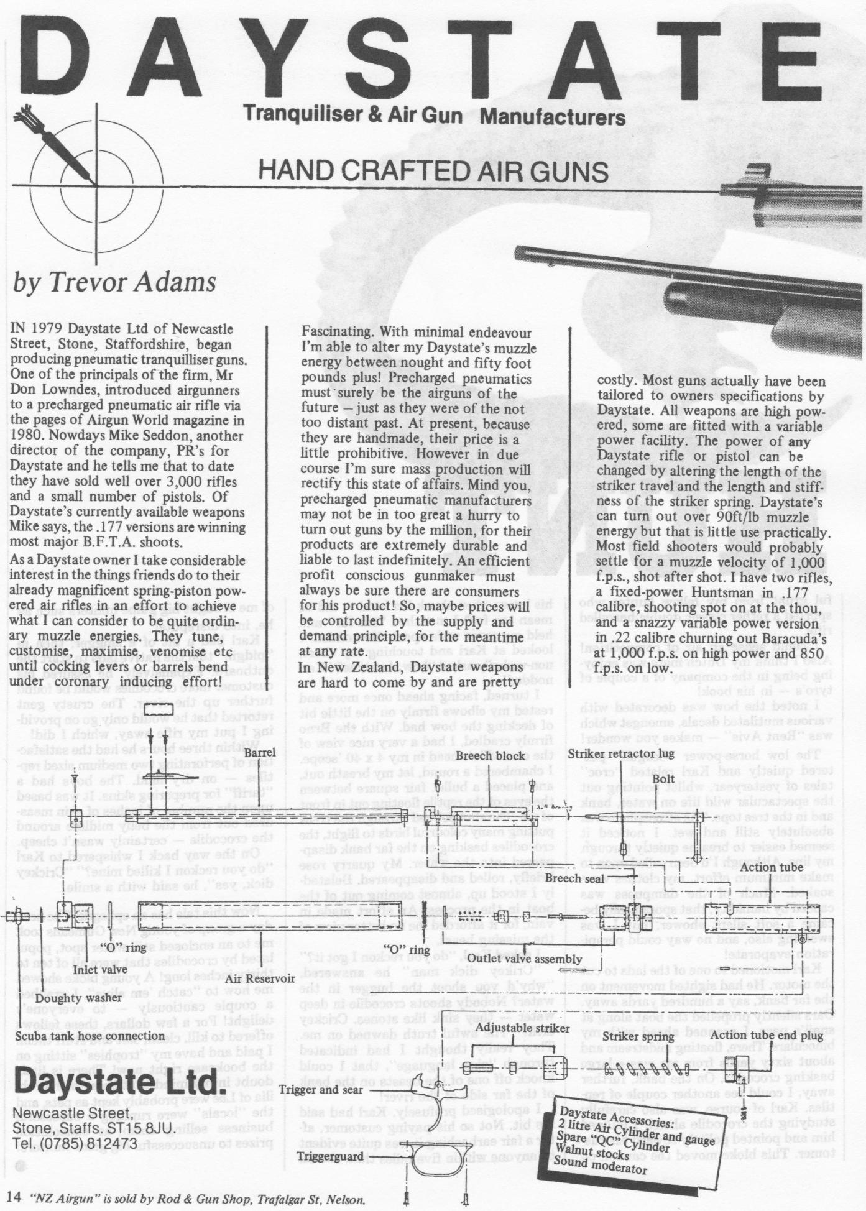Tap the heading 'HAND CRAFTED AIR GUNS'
pos(433,171)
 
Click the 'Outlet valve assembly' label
pos(524,959)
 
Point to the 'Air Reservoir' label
pos(260,978)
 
